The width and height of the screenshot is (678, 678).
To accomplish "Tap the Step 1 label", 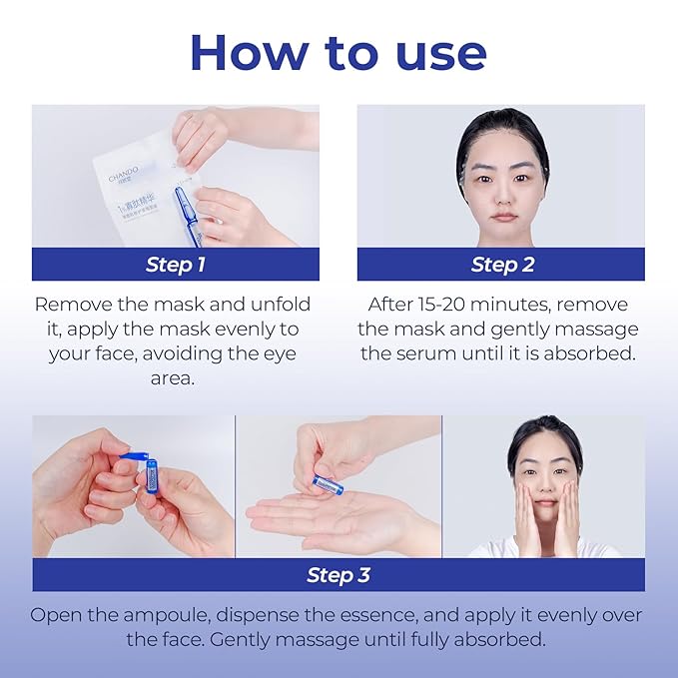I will [176, 265].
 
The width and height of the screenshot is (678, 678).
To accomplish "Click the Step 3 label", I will [338, 575].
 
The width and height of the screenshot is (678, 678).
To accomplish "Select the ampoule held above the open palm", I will [327, 484].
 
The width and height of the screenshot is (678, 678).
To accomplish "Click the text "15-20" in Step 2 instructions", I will [450, 304].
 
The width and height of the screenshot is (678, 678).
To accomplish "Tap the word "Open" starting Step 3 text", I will [55, 615].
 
